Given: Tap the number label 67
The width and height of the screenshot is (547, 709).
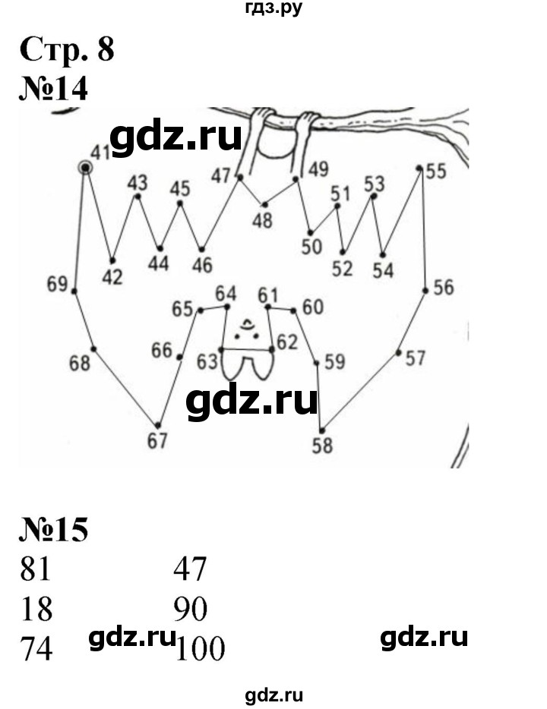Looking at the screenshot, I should (157, 441).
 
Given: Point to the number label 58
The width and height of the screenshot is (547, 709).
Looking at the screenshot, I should (322, 445).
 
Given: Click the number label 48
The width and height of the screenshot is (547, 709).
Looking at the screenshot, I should (263, 221).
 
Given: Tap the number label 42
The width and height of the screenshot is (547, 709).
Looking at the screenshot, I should (112, 277).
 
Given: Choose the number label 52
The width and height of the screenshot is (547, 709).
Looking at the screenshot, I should (343, 268).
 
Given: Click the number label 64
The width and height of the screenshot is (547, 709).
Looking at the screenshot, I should (226, 294).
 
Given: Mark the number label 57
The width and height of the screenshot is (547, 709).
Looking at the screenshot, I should (415, 358).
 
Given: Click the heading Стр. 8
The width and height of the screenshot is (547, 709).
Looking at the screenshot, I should (66, 51).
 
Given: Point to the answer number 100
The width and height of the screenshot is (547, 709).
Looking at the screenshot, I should (200, 650).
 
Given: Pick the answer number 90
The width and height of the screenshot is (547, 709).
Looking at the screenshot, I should (190, 610).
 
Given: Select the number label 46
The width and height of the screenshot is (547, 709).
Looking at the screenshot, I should (202, 265).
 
